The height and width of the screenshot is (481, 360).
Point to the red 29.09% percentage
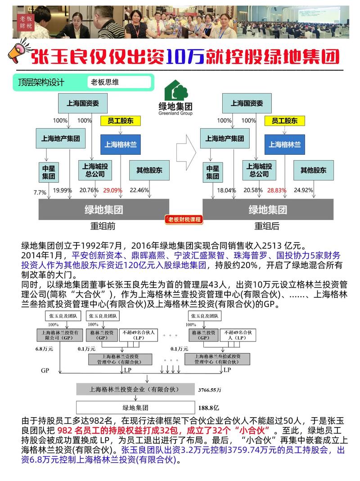112,190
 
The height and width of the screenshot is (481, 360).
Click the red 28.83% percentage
276,190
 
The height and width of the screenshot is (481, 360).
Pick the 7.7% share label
40,192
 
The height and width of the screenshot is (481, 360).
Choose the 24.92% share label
303,190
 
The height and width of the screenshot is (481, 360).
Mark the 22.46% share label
139,190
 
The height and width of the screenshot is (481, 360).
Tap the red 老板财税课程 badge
184,219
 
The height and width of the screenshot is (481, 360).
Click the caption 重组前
103,226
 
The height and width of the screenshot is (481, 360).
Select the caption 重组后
267,226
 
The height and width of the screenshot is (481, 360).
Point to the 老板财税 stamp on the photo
26,22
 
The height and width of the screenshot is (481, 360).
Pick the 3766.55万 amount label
210,390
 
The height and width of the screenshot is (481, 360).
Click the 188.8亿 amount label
209,408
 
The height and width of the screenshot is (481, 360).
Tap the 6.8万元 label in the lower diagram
44,349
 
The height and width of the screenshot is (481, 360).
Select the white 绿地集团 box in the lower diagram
135,408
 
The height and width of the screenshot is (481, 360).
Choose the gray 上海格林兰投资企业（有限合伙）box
135,389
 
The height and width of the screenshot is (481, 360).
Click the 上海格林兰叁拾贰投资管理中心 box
217,359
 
